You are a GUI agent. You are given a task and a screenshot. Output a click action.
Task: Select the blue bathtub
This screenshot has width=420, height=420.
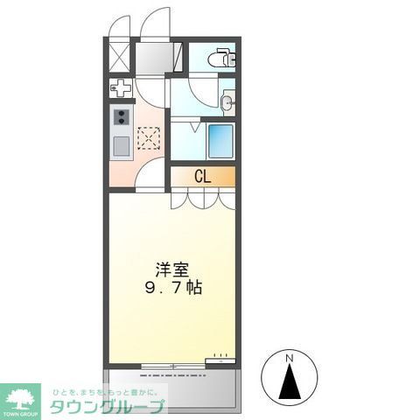pos(220,140)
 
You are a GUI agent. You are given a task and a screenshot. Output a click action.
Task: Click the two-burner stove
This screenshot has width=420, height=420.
pos(120,117)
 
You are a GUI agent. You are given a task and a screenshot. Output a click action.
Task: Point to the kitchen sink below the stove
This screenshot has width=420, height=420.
pos(120,144)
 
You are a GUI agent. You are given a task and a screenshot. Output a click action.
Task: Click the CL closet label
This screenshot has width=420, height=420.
pos(202,177)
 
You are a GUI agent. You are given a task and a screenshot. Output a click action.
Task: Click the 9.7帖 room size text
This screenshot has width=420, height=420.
pos(173,287)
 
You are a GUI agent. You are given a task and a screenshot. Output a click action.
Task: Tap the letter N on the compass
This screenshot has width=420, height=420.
pos(290,357)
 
